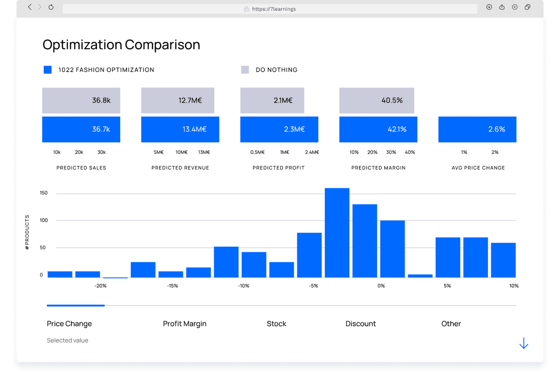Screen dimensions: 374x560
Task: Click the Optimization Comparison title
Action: tap(121, 45)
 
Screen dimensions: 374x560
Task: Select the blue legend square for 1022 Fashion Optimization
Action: tap(48, 70)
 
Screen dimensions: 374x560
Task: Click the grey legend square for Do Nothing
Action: tap(245, 70)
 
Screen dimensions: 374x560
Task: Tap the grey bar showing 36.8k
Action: tap(81, 100)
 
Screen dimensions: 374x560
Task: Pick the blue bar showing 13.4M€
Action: tap(180, 129)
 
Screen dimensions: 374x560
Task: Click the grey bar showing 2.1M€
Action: tap(272, 100)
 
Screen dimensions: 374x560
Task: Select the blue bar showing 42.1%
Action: tap(378, 129)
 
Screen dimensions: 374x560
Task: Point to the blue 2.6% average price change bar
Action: tap(477, 129)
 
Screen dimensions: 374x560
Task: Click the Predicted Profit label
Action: tap(278, 168)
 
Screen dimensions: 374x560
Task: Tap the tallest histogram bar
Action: tap(337, 233)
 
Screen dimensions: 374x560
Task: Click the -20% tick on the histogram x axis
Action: tap(100, 286)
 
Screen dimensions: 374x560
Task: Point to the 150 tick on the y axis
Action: tap(44, 193)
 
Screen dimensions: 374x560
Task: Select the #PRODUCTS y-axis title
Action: tap(27, 232)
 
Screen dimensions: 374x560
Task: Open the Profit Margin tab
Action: tap(185, 324)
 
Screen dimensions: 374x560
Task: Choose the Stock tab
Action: tap(276, 324)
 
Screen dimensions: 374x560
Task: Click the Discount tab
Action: tap(361, 324)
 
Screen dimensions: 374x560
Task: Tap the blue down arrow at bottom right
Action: tap(524, 343)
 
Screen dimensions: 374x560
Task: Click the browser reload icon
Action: tap(51, 7)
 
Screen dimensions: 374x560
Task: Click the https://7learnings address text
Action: tap(274, 9)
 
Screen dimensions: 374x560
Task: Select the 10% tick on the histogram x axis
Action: tap(513, 286)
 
